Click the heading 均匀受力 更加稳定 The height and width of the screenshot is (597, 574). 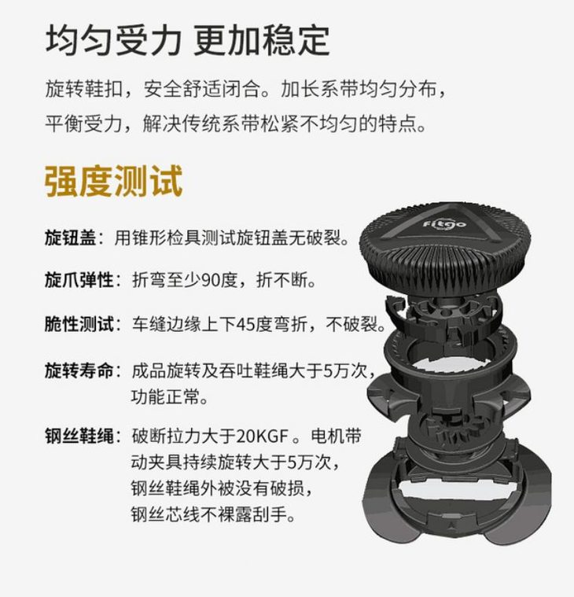(x=187, y=40)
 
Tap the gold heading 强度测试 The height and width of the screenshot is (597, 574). (x=113, y=181)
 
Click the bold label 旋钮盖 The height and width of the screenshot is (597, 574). (x=71, y=238)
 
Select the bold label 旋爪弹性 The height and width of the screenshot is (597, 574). (x=79, y=280)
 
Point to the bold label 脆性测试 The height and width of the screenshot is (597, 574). (x=79, y=324)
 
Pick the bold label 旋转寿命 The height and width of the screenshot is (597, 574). (x=79, y=370)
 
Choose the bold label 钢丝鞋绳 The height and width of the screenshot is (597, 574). (x=79, y=436)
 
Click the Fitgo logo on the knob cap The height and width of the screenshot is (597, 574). (x=444, y=223)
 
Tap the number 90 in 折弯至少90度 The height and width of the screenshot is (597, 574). (x=211, y=281)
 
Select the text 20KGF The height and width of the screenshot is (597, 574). (x=263, y=437)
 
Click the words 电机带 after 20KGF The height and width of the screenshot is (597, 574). (x=336, y=437)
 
